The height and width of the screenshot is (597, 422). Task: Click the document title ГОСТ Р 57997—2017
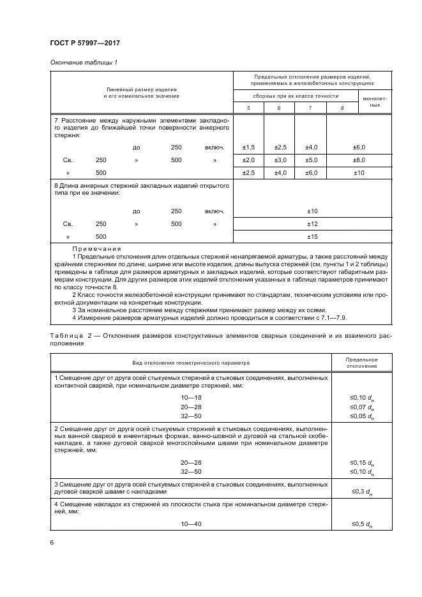click(x=84, y=43)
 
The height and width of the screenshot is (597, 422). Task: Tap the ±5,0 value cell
click(x=310, y=160)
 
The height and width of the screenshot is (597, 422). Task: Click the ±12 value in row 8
click(x=312, y=224)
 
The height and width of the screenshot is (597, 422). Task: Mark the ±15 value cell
click(x=312, y=236)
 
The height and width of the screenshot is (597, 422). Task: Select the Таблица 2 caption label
click(x=68, y=336)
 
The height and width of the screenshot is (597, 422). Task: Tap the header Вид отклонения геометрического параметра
click(x=191, y=362)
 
